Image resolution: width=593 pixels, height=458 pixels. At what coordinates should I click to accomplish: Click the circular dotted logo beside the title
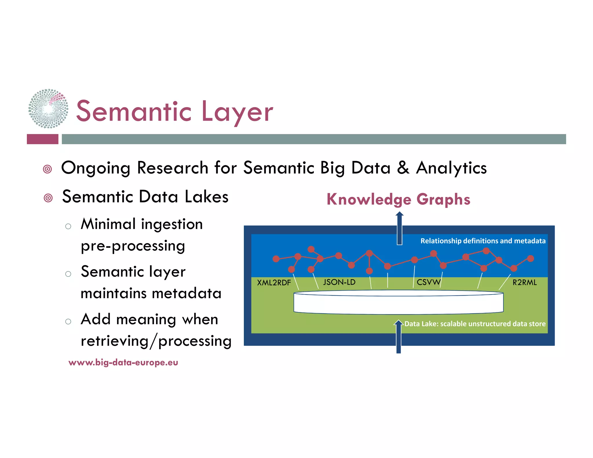48,109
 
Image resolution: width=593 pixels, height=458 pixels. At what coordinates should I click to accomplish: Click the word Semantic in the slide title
133,112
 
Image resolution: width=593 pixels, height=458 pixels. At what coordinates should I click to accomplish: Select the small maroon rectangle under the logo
43,139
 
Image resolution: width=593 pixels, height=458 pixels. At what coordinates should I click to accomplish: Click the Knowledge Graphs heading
398,199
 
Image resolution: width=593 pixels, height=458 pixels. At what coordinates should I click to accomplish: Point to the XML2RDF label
274,283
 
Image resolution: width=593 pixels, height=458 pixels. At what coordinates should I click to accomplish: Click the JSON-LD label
339,282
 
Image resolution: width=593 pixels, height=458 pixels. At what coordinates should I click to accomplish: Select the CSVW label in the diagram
428,282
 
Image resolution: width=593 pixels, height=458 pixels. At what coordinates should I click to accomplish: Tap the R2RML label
524,282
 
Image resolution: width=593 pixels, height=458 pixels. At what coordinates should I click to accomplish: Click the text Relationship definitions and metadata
483,241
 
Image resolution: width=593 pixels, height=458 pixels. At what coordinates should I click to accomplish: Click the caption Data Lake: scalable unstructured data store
475,324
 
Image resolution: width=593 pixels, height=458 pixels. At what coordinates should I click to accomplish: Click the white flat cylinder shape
398,303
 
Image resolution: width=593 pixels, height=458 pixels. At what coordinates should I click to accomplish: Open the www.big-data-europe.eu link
123,362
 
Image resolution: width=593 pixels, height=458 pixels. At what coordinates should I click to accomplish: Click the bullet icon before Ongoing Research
47,169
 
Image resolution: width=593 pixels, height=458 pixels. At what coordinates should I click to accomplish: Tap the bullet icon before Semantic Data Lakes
48,198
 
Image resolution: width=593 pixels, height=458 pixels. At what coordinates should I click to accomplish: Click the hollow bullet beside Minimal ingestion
68,226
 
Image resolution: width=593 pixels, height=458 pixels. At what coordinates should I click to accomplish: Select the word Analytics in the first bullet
451,168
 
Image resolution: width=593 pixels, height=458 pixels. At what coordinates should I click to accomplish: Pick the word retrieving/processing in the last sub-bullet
156,341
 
